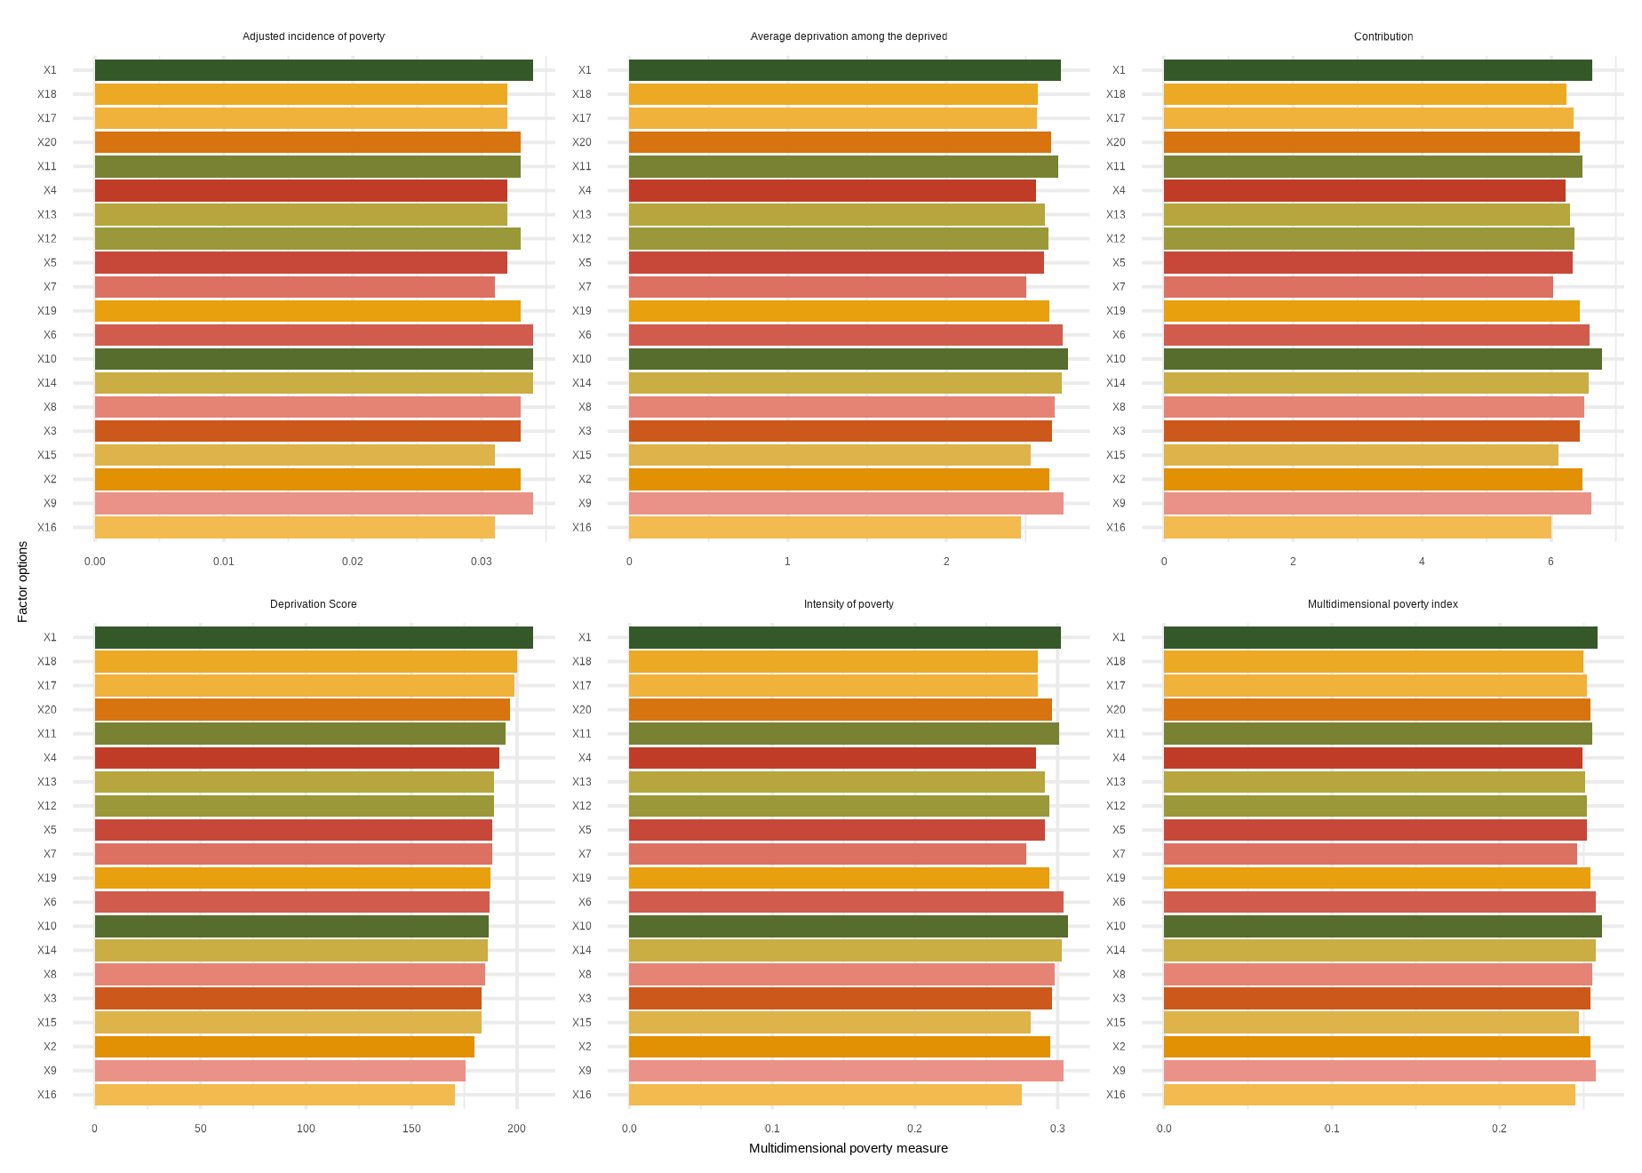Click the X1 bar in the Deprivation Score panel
314,637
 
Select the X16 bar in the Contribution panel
1357,527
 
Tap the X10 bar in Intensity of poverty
848,926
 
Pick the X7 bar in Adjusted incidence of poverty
294,286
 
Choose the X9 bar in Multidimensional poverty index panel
1379,1070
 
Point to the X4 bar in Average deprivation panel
832,190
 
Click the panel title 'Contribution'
1383,36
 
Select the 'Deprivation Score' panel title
313,604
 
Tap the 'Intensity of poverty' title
849,604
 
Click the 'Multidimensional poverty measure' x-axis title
848,1148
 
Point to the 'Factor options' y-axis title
23,581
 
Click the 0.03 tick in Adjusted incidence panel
481,562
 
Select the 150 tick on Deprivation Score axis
411,1129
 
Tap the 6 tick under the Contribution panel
1550,562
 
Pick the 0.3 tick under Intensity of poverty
1057,1129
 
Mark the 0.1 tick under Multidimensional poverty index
1332,1129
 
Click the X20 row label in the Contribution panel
1115,142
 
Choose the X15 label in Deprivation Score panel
47,1022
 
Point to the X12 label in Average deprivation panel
581,238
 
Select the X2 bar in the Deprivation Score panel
284,1046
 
